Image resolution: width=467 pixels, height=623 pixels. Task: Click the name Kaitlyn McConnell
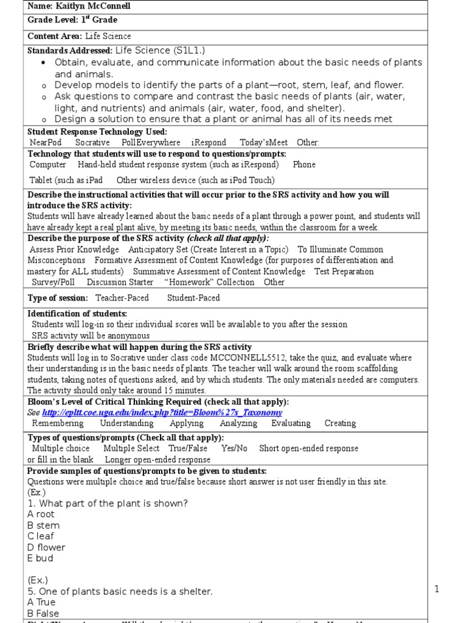[x=94, y=6]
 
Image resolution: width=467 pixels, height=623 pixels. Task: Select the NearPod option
[x=46, y=142]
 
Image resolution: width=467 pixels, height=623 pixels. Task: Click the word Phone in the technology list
[x=304, y=164]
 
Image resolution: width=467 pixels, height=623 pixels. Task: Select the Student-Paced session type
[x=193, y=298]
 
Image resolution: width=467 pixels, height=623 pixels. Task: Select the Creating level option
[x=340, y=423]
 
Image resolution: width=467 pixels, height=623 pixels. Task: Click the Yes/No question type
[x=234, y=448]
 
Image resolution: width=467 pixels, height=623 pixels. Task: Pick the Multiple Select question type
[x=131, y=448]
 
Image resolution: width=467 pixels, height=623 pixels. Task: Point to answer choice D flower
[x=46, y=547]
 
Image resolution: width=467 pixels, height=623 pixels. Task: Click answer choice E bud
[x=40, y=558]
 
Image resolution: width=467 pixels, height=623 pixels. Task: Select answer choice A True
[x=41, y=602]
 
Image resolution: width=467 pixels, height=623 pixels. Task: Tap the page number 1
[x=436, y=589]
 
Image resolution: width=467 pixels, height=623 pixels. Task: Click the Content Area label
[x=55, y=37]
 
